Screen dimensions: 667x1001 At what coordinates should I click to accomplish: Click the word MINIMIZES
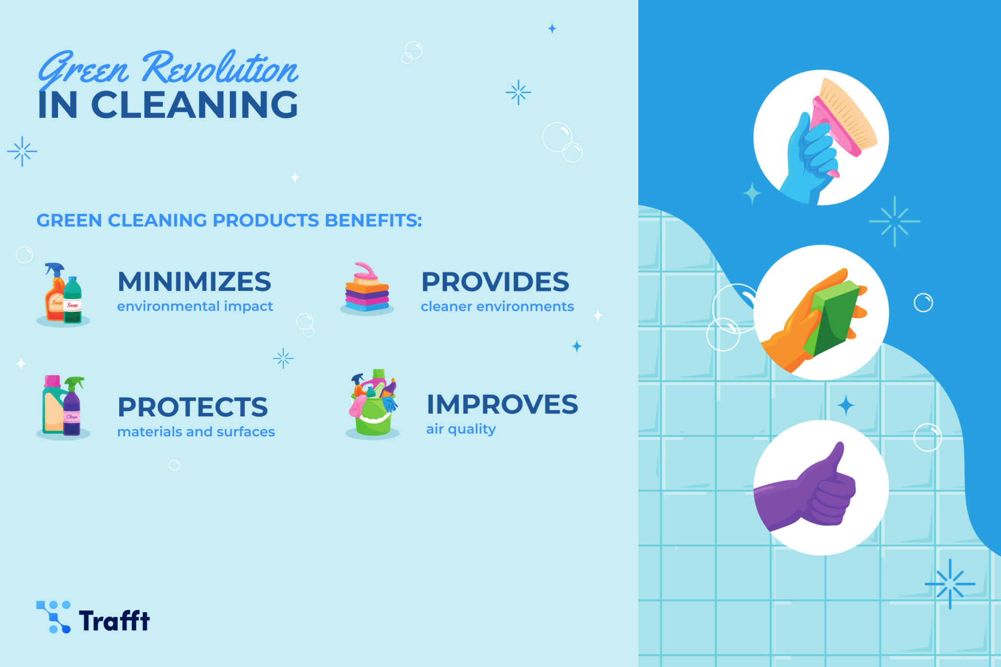[194, 282]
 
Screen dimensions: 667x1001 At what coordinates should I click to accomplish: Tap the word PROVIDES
[495, 282]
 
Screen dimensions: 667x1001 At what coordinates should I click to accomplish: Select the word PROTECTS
[193, 407]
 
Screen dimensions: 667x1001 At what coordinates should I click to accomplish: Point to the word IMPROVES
[502, 405]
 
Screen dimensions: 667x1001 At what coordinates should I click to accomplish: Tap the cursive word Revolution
[220, 68]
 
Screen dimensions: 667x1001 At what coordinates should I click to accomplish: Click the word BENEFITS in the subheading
[373, 220]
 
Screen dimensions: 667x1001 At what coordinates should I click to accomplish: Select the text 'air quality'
[461, 429]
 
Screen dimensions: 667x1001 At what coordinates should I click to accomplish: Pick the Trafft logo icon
[53, 617]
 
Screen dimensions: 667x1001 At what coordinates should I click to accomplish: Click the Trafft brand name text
[114, 621]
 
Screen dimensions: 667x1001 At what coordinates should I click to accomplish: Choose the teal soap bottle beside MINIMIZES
[73, 301]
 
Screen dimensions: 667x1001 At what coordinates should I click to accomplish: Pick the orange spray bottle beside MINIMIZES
[55, 296]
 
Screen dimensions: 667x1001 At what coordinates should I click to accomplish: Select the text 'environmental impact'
[195, 306]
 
